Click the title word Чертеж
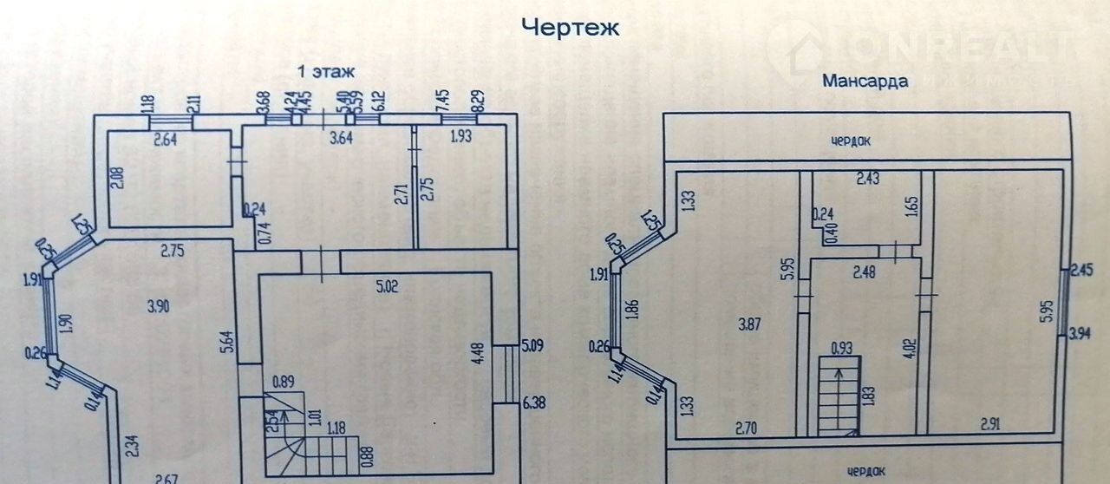coord(570,29)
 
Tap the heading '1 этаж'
coord(327,71)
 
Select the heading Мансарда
coord(865,82)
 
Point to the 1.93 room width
coord(461,135)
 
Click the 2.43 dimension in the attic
coord(868,180)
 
